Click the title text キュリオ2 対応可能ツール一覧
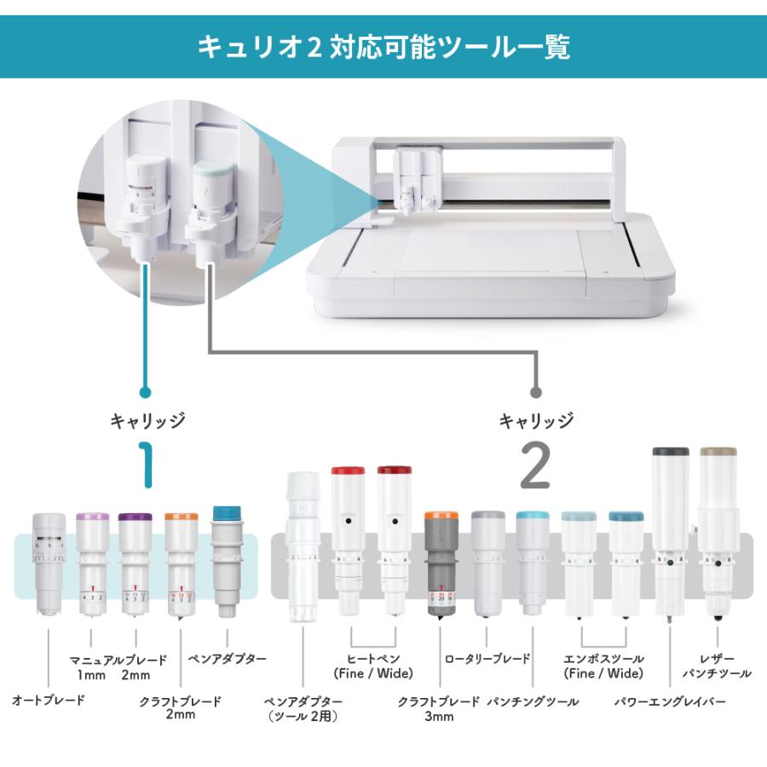[x=383, y=46]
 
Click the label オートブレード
[x=49, y=701]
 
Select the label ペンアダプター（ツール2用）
[x=304, y=708]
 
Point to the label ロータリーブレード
[x=487, y=659]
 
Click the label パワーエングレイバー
[x=670, y=702]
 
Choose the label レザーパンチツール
[x=717, y=666]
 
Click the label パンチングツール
[x=533, y=701]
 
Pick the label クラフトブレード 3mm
[x=439, y=708]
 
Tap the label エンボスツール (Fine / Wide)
[x=603, y=666]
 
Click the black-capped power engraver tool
[x=670, y=528]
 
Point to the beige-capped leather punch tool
[x=718, y=528]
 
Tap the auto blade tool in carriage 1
[x=49, y=562]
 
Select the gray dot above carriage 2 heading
[x=535, y=393]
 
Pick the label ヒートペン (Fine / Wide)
[x=373, y=666]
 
